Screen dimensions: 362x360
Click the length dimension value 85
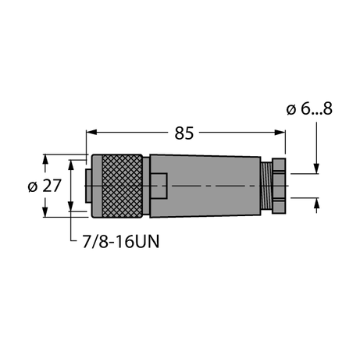click(184, 133)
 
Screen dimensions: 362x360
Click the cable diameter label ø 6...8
click(310, 109)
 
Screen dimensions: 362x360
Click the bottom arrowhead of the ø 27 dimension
click(45, 211)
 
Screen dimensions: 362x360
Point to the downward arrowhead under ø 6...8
click(316, 166)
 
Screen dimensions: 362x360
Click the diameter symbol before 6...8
click(291, 109)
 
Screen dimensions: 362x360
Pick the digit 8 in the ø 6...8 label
click(328, 109)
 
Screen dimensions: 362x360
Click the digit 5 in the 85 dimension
click(190, 133)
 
